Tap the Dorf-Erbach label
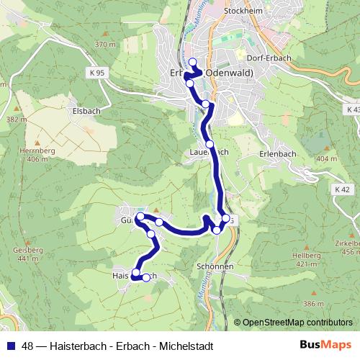point(269,59)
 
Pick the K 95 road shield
point(98,73)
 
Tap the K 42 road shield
point(341,189)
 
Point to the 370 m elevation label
point(105,45)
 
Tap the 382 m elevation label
point(13,119)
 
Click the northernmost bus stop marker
point(192,62)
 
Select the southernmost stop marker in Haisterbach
point(146,277)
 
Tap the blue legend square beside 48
point(9,345)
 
